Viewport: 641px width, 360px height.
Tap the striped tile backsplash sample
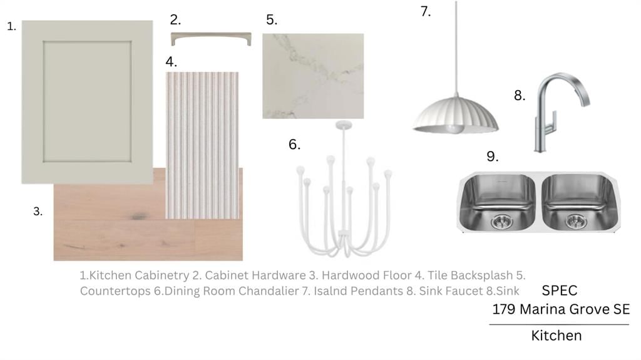[202, 145]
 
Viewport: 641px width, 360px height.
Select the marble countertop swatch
[313, 76]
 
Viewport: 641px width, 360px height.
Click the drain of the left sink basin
[501, 222]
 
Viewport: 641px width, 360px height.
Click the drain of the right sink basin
[576, 221]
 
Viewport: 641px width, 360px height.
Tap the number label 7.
[426, 11]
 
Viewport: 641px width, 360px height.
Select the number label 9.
[492, 157]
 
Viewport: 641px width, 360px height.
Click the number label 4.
[172, 62]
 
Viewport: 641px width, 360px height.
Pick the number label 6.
[294, 144]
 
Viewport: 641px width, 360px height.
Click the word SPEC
[559, 291]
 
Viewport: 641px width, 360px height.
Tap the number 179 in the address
[504, 309]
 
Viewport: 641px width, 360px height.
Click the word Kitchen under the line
[556, 336]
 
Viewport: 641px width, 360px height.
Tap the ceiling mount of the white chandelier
[344, 125]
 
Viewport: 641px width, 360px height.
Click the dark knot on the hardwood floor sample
[139, 216]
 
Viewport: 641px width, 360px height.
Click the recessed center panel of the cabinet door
[88, 101]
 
